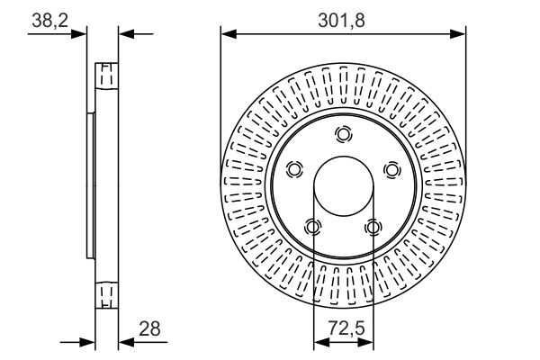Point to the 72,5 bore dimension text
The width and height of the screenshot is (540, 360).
(344, 329)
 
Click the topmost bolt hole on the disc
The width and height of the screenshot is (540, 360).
(343, 135)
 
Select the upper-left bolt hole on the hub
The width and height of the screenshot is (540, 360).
(293, 170)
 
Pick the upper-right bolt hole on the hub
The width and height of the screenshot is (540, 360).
(391, 170)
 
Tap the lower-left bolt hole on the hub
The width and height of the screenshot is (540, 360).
(312, 228)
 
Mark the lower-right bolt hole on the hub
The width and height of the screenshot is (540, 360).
(373, 228)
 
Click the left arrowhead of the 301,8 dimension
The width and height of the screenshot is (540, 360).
(228, 35)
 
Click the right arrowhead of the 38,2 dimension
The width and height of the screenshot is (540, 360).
(125, 35)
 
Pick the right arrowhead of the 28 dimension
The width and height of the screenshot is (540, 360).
(125, 343)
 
